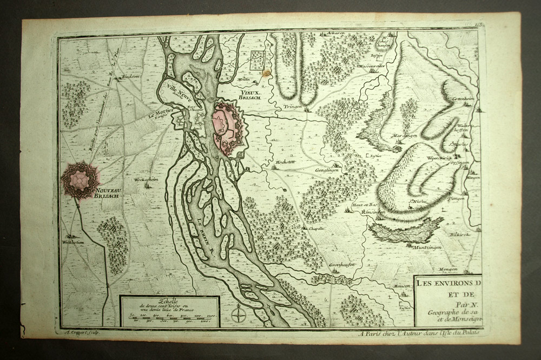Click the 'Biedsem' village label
pyautogui.click(x=131, y=76)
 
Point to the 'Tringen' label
pyautogui.click(x=293, y=107)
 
